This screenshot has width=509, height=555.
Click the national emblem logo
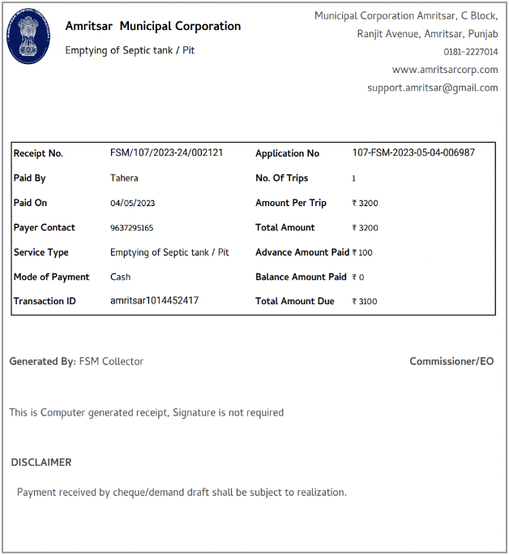[28, 37]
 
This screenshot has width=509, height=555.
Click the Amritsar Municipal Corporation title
[152, 26]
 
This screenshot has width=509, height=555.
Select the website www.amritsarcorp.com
[445, 70]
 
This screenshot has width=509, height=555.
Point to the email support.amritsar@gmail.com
[432, 88]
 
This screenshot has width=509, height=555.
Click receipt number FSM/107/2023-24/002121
[166, 153]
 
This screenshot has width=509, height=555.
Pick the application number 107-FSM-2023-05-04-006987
[413, 153]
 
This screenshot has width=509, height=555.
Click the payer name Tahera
[124, 178]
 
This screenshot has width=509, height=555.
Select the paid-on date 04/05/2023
[132, 203]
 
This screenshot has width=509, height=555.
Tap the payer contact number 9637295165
[131, 228]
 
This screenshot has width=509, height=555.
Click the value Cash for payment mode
[120, 277]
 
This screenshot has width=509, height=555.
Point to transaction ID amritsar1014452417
[154, 301]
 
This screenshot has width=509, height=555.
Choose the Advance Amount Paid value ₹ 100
[363, 252]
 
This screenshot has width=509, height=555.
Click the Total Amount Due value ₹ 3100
[365, 301]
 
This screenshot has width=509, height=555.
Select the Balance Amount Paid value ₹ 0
[358, 277]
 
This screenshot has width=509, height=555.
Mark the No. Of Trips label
[281, 178]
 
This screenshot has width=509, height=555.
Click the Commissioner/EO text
[451, 361]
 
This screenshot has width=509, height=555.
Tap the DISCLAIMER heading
[41, 462]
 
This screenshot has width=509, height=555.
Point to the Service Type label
[41, 252]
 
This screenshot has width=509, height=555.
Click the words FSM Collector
[111, 361]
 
